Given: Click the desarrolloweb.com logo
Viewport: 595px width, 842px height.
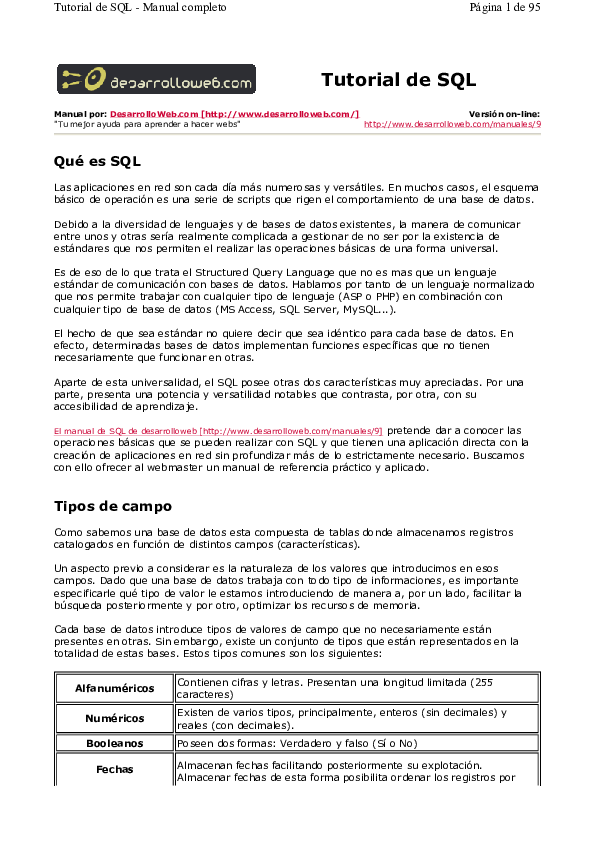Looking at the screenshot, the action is click(x=155, y=79).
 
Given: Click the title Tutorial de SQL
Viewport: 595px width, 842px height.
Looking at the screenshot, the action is click(x=398, y=80).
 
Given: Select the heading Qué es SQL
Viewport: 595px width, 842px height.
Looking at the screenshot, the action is click(x=97, y=161).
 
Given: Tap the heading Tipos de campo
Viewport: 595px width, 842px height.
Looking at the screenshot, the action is click(x=112, y=506).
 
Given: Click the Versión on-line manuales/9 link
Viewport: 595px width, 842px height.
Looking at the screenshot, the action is click(x=452, y=125).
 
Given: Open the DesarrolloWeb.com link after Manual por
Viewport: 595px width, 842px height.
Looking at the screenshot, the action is click(x=234, y=115).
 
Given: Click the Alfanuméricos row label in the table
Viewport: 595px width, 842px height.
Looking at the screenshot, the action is click(x=114, y=689).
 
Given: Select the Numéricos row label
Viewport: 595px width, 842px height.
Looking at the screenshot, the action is click(x=114, y=718).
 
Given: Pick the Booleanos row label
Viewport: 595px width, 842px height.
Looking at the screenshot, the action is click(x=114, y=743).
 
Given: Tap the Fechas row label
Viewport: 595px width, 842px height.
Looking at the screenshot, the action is click(x=114, y=770).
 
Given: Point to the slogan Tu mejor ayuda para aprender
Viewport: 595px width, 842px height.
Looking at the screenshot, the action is click(x=147, y=125).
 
